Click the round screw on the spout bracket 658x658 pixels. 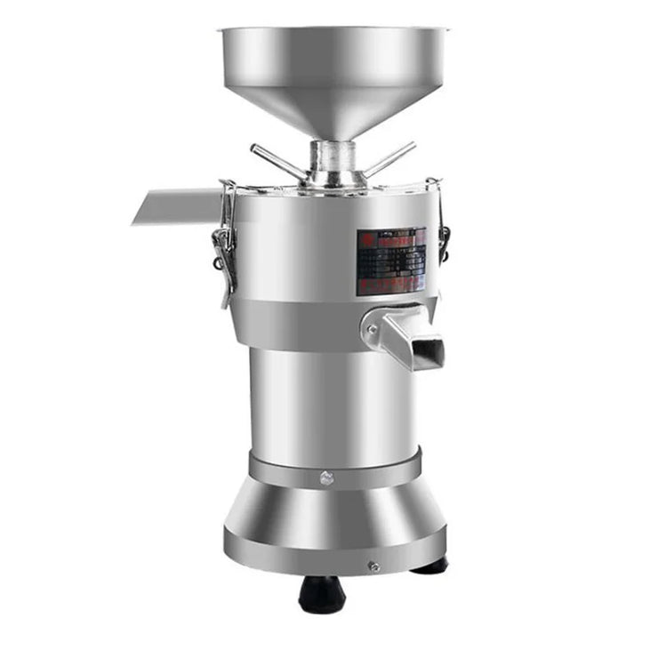[372, 328]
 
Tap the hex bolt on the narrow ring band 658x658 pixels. [325, 480]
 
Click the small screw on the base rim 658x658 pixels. [373, 566]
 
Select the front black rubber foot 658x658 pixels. [322, 593]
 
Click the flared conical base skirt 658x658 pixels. [333, 525]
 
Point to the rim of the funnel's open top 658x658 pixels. [333, 30]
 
